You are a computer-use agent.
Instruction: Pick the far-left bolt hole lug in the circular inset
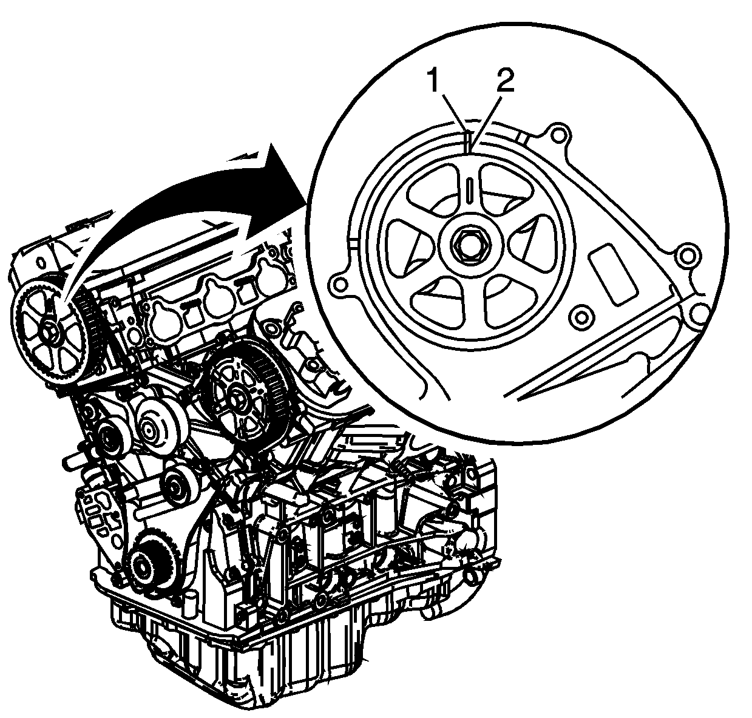[x=340, y=285]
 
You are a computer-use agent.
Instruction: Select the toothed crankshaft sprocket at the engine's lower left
[x=147, y=565]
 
